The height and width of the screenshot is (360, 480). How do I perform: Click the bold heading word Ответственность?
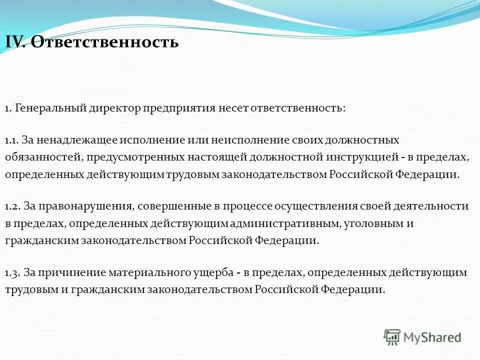104,41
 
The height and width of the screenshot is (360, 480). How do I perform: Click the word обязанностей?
42,157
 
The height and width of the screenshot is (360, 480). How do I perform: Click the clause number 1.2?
12,206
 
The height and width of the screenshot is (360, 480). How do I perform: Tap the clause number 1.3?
12,272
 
